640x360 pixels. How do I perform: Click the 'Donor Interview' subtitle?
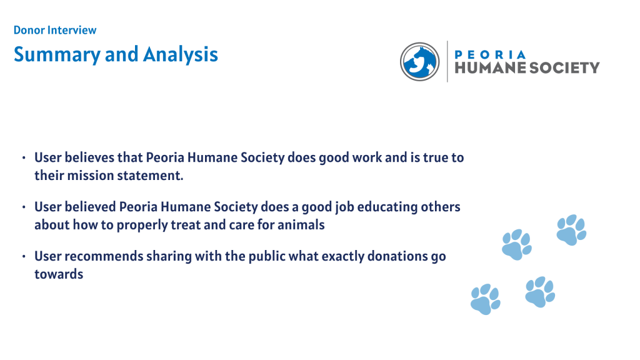55,30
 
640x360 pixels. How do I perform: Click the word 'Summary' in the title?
57,54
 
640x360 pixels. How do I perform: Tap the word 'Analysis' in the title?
181,54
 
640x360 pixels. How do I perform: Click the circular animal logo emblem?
419,62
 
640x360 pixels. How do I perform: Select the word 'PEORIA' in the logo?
490,55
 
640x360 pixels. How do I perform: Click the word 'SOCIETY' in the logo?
564,67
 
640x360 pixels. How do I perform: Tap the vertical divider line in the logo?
447,61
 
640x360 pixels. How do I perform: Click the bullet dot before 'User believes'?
24,157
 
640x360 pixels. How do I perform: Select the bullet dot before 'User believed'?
24,207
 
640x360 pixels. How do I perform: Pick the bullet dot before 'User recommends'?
24,256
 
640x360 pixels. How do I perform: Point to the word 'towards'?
59,274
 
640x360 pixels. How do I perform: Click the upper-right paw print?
571,230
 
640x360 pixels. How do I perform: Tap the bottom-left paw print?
485,299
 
